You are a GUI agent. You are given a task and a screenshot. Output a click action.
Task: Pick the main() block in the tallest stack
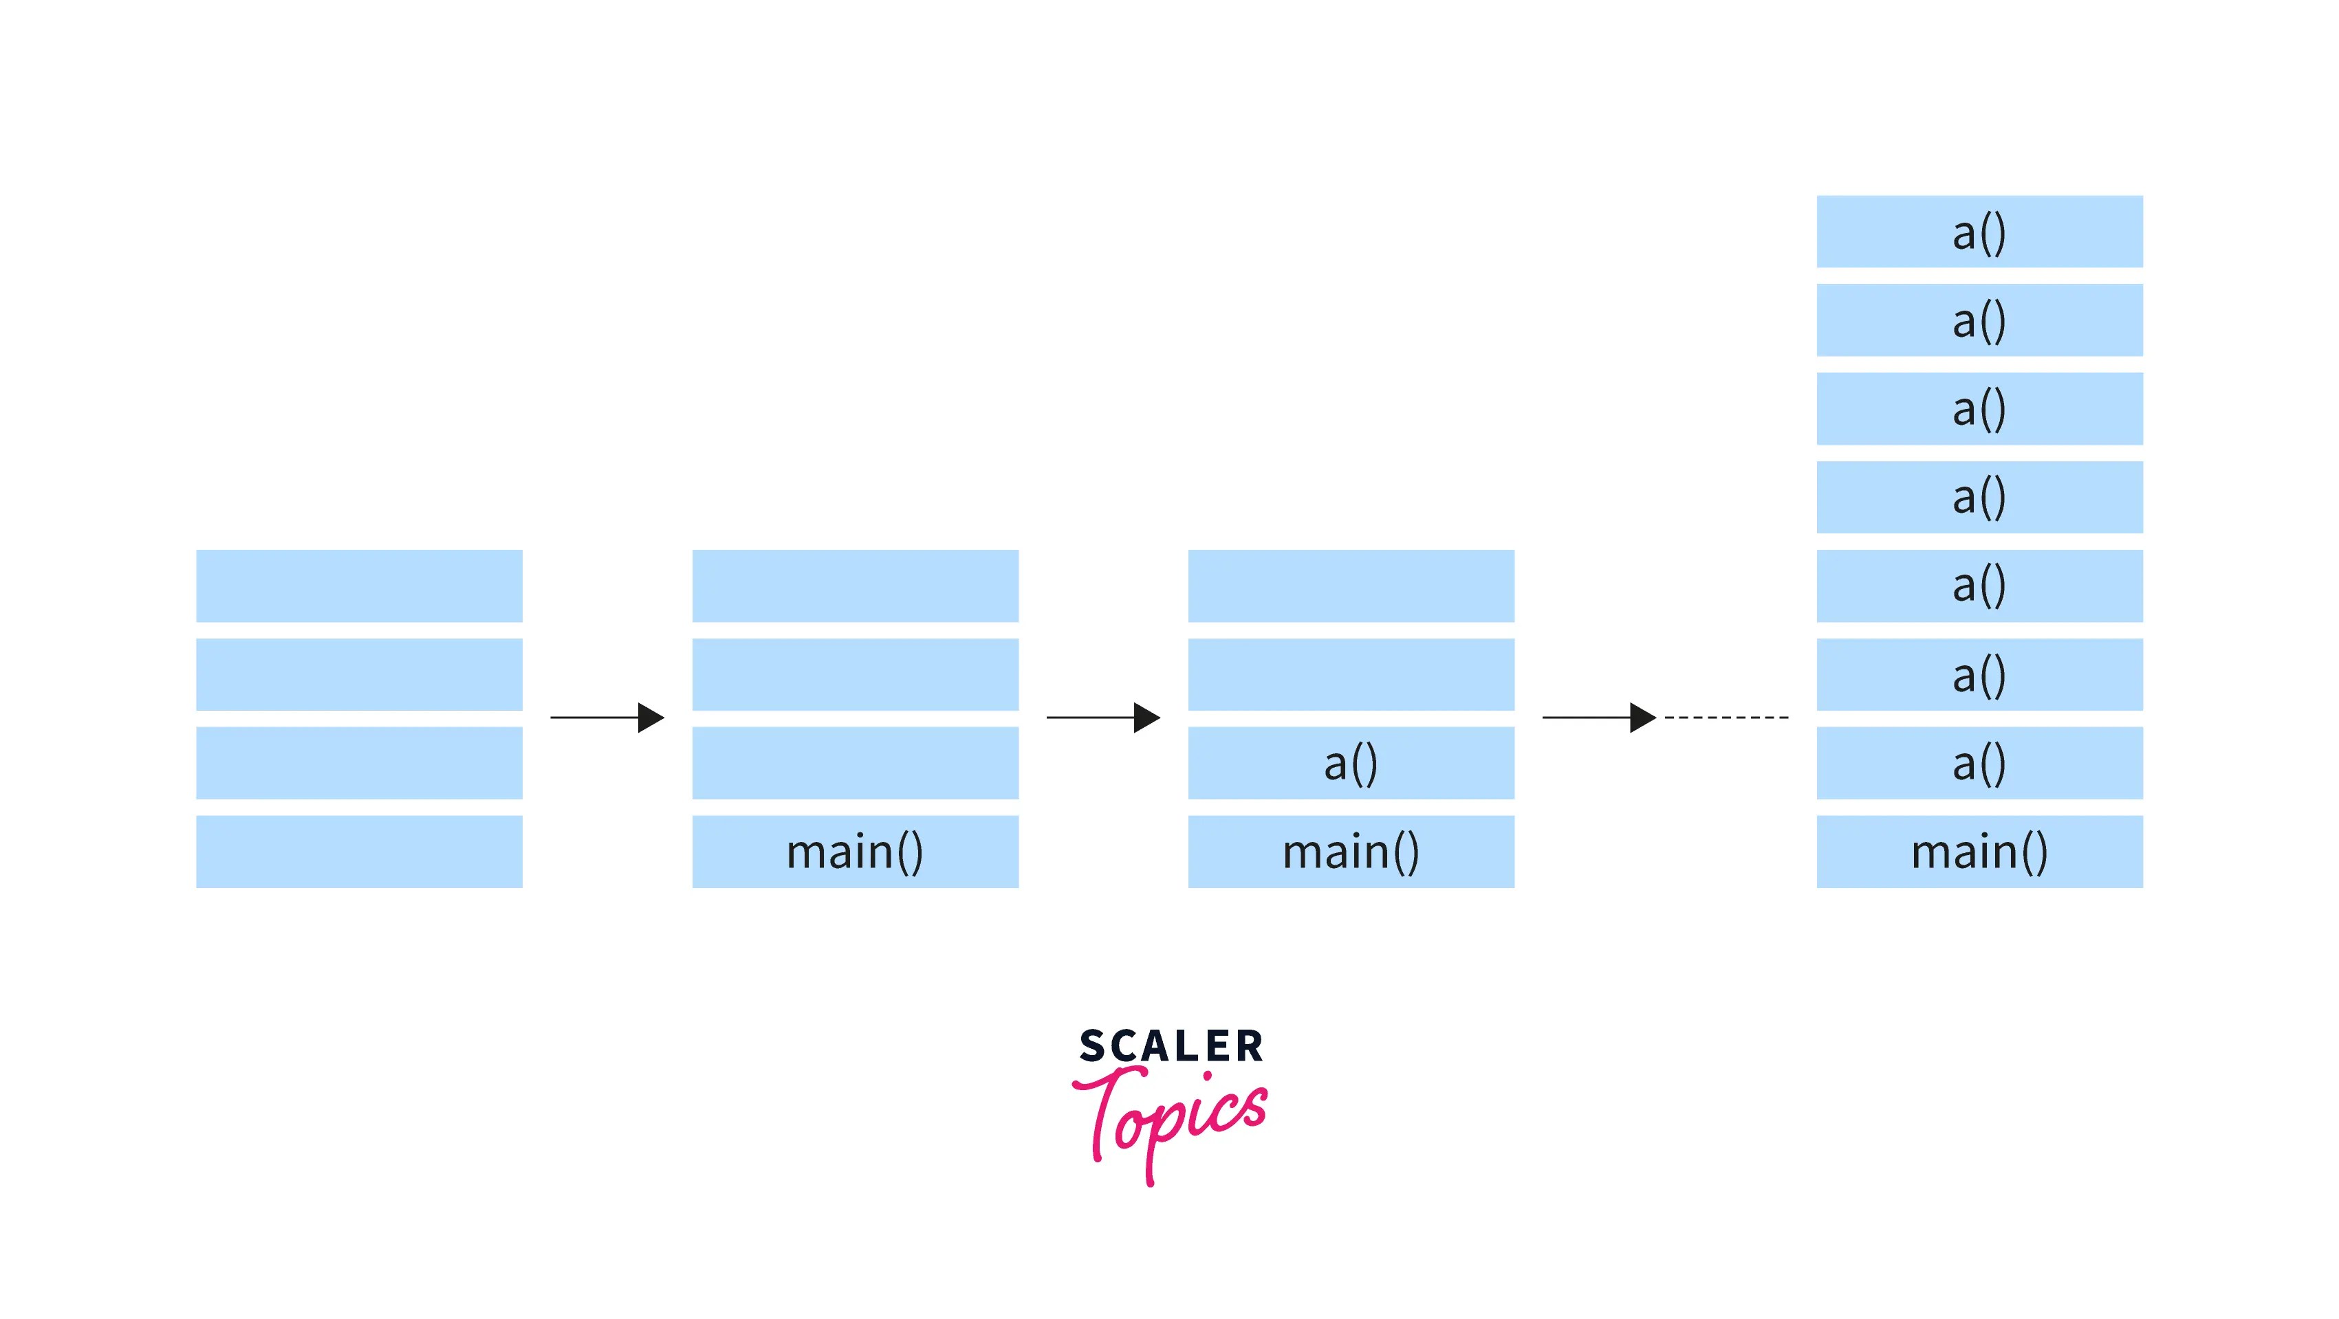[1979, 851]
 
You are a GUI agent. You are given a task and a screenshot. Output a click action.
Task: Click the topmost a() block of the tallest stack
[1979, 232]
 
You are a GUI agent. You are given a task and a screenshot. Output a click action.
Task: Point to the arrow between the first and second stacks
[607, 717]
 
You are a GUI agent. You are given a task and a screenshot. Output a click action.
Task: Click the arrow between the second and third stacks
[1102, 717]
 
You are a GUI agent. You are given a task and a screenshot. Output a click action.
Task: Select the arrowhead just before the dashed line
[1642, 717]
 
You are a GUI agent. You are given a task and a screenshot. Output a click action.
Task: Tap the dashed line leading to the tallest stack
[1726, 717]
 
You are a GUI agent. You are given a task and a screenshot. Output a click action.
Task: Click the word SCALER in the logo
[1171, 1045]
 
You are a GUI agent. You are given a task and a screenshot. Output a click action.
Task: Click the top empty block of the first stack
[359, 586]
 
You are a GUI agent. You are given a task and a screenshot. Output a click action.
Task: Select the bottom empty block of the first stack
[359, 851]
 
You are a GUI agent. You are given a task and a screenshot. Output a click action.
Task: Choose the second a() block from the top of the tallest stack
[1979, 320]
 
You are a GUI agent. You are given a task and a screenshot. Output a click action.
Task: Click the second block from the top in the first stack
[359, 674]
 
